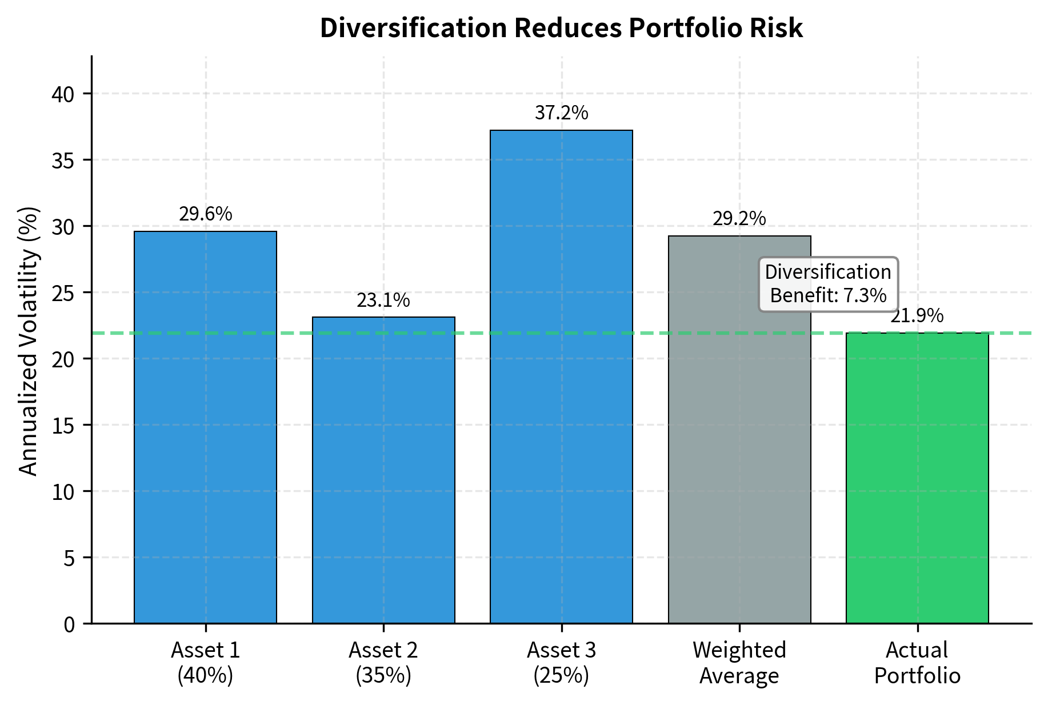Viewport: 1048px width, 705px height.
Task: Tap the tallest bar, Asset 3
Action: click(x=561, y=376)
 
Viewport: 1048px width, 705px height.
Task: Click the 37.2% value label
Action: click(x=561, y=113)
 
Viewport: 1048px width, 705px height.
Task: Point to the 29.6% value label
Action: click(x=205, y=214)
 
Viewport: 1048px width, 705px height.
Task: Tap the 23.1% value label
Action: click(x=383, y=301)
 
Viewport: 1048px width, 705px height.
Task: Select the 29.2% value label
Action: click(x=739, y=219)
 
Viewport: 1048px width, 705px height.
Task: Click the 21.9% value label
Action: click(x=917, y=316)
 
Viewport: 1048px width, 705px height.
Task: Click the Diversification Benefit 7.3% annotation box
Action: click(x=828, y=284)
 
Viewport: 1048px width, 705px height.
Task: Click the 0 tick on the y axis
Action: click(x=69, y=624)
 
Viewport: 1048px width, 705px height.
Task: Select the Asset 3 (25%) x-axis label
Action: click(x=561, y=663)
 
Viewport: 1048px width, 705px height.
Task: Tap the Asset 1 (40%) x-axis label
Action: click(x=205, y=663)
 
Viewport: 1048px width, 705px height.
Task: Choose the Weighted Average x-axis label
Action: click(x=739, y=663)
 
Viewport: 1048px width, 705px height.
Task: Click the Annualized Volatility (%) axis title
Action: click(x=29, y=341)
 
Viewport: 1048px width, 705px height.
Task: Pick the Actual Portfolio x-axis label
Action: click(x=917, y=663)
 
